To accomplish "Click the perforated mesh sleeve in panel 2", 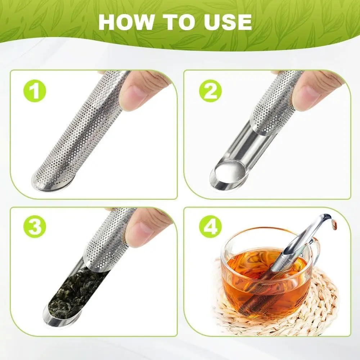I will point(275,104).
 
